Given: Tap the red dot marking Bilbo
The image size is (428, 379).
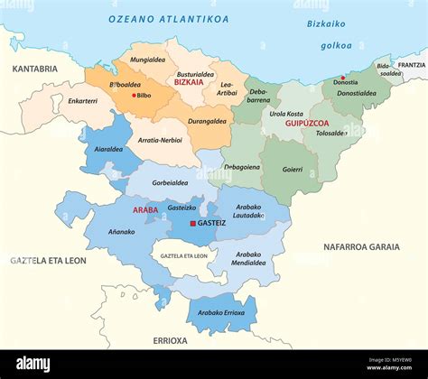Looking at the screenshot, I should click(135, 95).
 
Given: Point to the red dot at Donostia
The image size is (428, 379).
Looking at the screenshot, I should click(342, 78).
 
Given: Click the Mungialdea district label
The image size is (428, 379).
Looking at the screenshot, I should click(147, 60).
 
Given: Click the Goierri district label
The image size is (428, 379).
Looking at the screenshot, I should click(292, 169).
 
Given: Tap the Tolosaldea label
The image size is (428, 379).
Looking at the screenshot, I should click(330, 134).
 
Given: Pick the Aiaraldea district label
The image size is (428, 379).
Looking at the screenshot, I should click(108, 150).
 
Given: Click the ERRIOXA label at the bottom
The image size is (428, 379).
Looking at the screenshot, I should click(169, 341).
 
